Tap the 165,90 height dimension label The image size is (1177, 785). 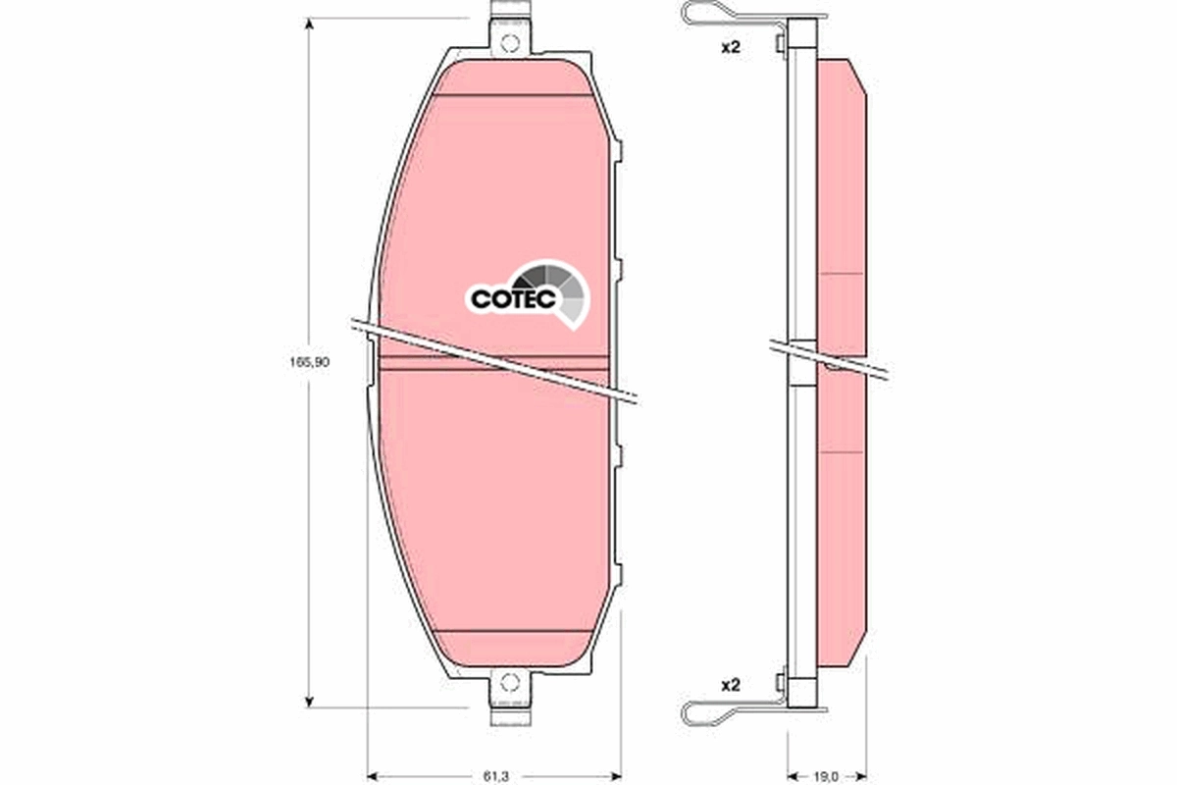coord(309,362)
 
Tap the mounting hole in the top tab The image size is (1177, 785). coord(508,43)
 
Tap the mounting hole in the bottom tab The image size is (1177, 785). coord(508,683)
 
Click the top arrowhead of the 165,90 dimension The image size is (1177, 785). coord(310,26)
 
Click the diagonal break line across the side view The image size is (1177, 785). coord(829,357)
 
